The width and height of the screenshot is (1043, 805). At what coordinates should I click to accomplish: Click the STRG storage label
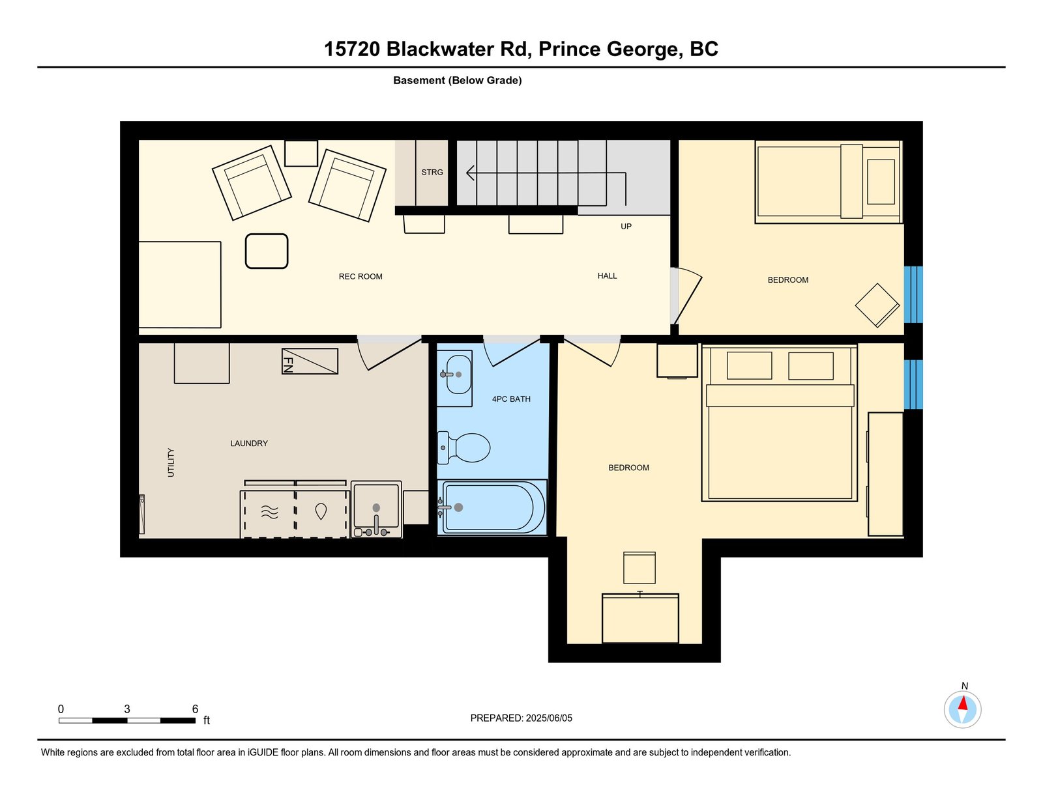tap(432, 172)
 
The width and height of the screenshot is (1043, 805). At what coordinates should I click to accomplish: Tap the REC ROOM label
tap(360, 277)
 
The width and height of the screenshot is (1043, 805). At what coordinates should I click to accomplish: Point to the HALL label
tap(607, 275)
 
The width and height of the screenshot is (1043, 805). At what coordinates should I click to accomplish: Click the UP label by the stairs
tap(626, 226)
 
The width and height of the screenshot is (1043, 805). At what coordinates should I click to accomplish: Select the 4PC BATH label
tap(511, 399)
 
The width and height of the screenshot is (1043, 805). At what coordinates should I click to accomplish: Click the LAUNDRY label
tap(248, 444)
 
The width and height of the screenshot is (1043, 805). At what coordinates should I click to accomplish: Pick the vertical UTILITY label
tap(171, 462)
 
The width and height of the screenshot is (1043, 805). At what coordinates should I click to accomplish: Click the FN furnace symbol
tap(310, 361)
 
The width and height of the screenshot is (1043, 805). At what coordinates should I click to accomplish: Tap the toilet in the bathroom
tap(463, 448)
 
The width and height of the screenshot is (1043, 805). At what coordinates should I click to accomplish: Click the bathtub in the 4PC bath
tap(492, 507)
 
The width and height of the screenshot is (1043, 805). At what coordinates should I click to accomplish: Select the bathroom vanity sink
tap(454, 378)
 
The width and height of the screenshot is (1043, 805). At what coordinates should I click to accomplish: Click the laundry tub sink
tap(376, 510)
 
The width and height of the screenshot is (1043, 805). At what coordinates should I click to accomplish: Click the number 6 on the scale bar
tap(195, 709)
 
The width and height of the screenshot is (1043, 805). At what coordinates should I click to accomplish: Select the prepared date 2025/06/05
tap(549, 718)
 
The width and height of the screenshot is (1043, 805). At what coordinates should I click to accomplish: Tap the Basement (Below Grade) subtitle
tap(458, 81)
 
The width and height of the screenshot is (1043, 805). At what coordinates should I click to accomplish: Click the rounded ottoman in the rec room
tap(267, 251)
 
